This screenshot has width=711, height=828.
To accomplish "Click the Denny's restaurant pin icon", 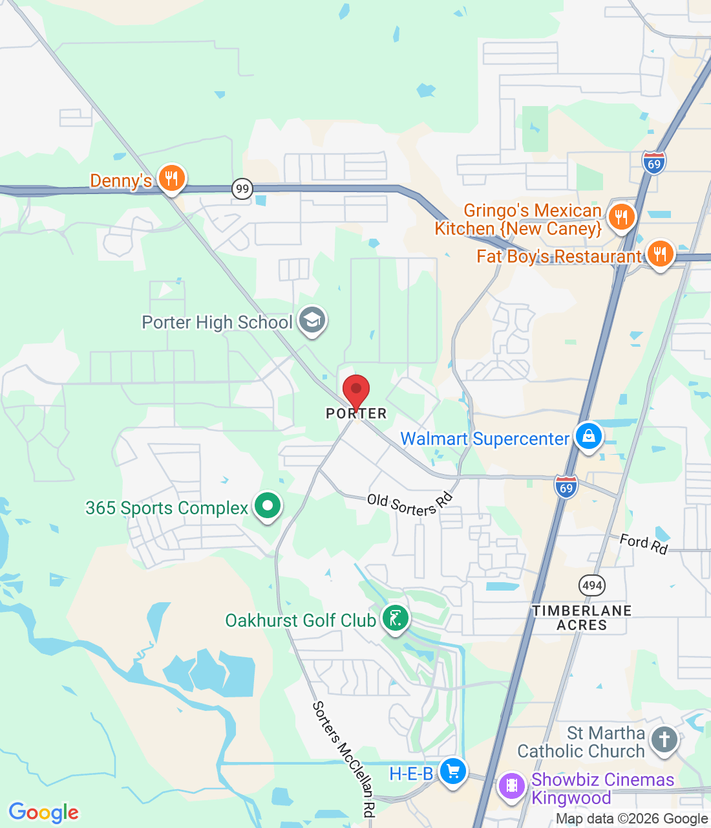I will [x=171, y=178].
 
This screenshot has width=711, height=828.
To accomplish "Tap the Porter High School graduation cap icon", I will [x=312, y=320].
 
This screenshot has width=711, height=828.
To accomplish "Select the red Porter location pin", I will [x=355, y=391].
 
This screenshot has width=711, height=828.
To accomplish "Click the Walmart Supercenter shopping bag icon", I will [x=588, y=437].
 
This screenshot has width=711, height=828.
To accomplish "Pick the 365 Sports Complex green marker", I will [x=267, y=506].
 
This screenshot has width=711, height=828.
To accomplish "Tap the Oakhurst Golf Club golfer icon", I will [x=395, y=618].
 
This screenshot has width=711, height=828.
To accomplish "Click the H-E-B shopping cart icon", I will [x=452, y=771].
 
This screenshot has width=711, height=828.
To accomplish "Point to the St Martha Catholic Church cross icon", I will [x=664, y=739].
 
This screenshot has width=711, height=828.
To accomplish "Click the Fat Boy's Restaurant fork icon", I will [x=659, y=254].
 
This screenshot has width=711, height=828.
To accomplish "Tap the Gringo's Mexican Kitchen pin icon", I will [x=621, y=217].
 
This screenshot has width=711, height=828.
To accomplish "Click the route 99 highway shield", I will [x=242, y=189].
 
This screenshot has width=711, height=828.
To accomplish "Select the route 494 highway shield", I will [x=592, y=586].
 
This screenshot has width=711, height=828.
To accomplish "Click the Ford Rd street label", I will [x=643, y=543].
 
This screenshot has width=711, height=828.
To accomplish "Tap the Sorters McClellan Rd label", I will [x=344, y=759].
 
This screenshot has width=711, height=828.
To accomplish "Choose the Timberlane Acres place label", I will [x=582, y=618].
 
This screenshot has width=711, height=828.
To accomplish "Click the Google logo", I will [x=44, y=812].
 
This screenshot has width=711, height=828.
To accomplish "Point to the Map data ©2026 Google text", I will [x=631, y=819].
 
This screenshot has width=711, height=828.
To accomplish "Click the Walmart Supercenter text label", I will [x=485, y=439].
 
